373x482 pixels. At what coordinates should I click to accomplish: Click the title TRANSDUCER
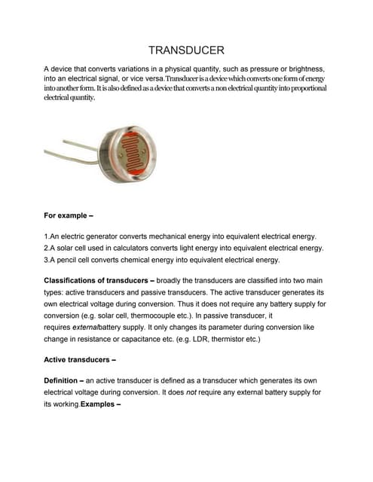coord(186,50)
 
